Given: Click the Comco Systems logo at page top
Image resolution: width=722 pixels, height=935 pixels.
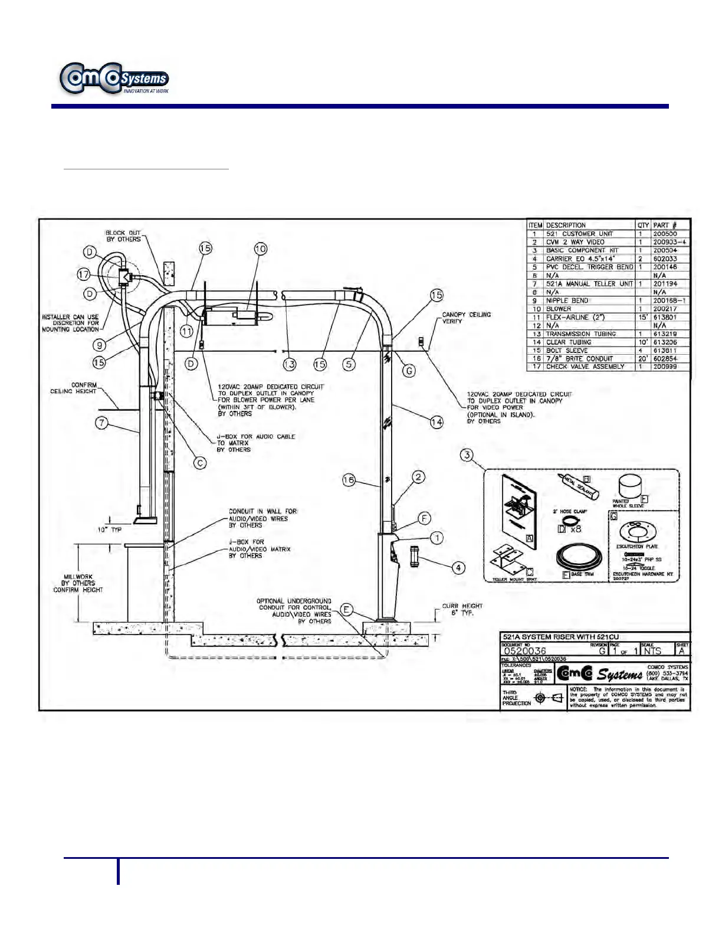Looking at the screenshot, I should [114, 79].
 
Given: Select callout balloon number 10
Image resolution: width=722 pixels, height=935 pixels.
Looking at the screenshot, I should [261, 249].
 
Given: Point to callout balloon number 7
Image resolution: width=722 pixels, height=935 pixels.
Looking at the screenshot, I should [102, 423].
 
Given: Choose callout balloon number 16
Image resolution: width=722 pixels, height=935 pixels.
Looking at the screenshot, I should [349, 480].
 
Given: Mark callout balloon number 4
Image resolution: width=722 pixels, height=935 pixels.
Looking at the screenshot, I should [458, 568].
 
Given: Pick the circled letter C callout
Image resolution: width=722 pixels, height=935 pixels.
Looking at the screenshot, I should [201, 463].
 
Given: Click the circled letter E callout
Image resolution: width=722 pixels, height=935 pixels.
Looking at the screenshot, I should [347, 610].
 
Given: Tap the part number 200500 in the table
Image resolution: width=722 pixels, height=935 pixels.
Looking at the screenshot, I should [665, 234].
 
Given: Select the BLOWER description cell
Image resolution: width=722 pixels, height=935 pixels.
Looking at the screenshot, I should [559, 309].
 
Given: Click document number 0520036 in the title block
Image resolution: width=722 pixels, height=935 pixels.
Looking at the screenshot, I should [525, 651].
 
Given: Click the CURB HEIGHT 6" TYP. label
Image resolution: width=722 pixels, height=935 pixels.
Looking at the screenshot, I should [462, 609].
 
